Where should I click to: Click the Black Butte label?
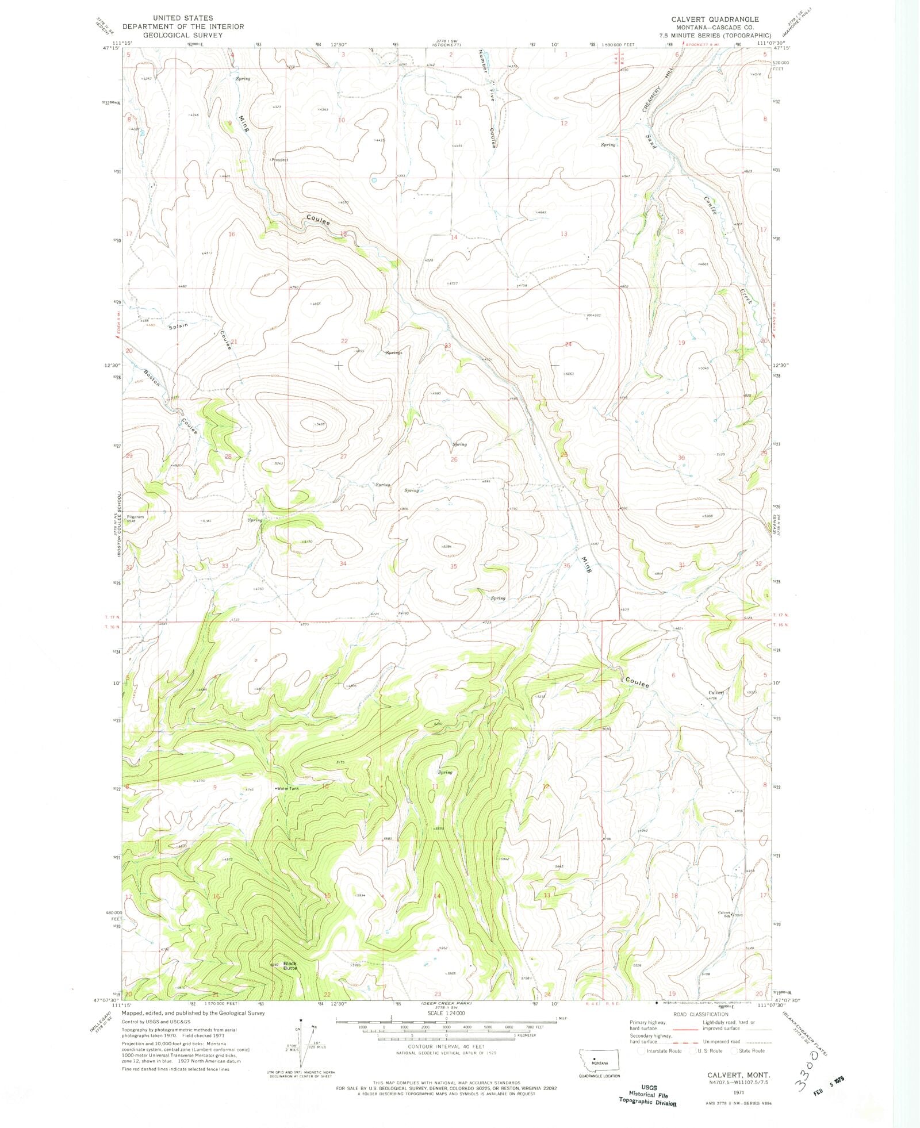pos(290,965)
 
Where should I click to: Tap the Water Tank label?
pos(287,788)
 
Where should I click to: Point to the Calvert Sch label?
pos(723,913)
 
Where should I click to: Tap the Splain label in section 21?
pos(178,326)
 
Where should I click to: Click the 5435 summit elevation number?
pos(320,424)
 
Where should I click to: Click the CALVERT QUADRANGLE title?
pos(715,20)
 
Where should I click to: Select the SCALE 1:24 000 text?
pos(446,1013)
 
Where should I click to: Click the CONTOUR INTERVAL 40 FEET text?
pos(446,1047)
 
